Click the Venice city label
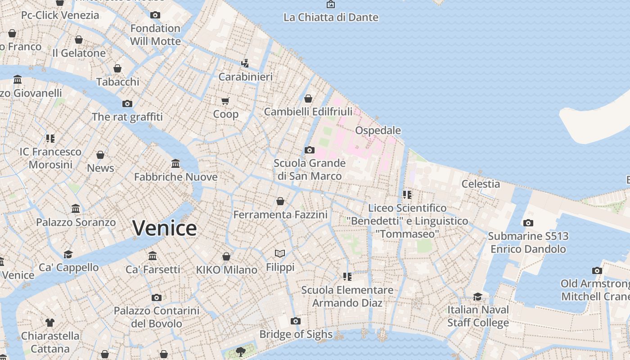(x=165, y=228)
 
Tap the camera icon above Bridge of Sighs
(x=296, y=321)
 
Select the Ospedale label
(x=378, y=130)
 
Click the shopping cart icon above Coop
(x=225, y=100)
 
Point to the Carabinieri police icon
(x=245, y=63)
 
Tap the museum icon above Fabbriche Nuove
(x=175, y=163)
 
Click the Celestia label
(x=481, y=184)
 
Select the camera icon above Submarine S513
(x=528, y=223)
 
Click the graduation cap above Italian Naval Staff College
(x=478, y=297)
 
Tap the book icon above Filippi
(x=280, y=254)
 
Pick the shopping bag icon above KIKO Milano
(x=226, y=256)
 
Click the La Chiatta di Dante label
(x=331, y=18)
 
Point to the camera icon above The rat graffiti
(x=127, y=104)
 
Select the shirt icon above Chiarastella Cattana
(x=50, y=323)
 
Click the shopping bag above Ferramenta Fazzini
(x=280, y=201)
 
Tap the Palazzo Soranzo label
(x=76, y=222)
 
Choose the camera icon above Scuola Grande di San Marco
(x=310, y=150)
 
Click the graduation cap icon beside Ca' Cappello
(x=68, y=255)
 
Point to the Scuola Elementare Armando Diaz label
(x=347, y=296)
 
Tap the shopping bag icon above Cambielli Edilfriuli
(x=308, y=99)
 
